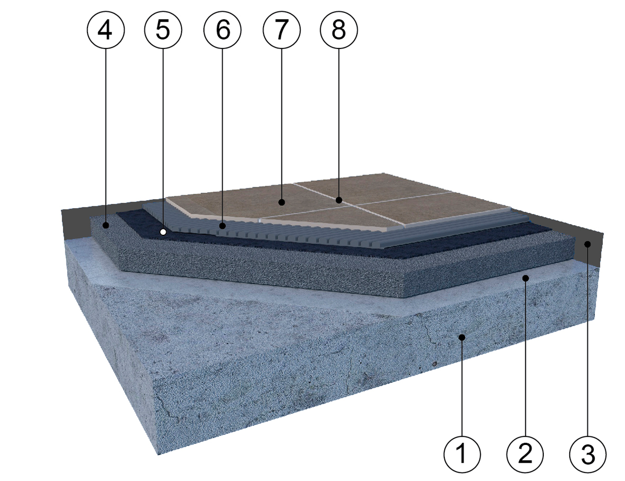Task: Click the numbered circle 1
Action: point(462,455)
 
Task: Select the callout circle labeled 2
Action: point(525,455)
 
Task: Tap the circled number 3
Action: point(588,455)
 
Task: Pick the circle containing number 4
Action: point(106,30)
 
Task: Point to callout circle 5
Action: point(163,30)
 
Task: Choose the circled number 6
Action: point(222,30)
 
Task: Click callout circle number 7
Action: point(282,30)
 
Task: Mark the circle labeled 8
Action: point(339,30)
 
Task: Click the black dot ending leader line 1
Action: point(462,337)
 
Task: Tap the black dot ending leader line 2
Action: point(525,278)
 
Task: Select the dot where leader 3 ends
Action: point(587,244)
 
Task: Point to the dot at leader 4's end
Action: point(106,226)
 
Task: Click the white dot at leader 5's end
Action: point(163,231)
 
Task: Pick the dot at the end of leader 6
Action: point(222,226)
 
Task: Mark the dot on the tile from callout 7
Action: point(282,203)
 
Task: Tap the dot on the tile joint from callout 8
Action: point(339,200)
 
